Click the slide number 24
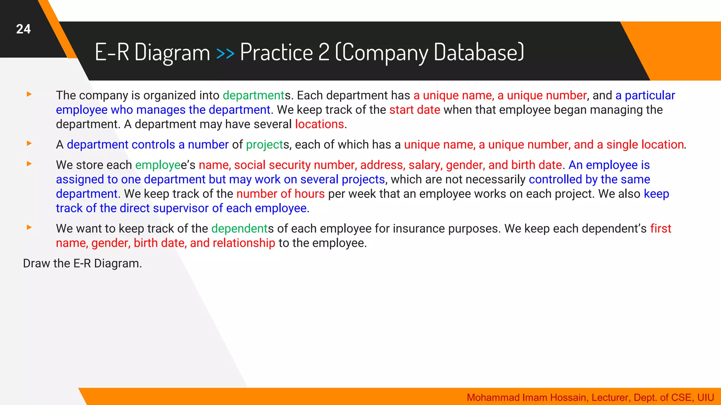pyautogui.click(x=23, y=29)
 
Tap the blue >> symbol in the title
pyautogui.click(x=225, y=53)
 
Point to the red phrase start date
pyautogui.click(x=414, y=110)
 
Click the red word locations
pyautogui.click(x=319, y=124)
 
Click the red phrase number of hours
pyautogui.click(x=280, y=194)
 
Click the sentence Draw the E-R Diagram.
pyautogui.click(x=82, y=263)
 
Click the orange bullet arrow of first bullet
pyautogui.click(x=29, y=94)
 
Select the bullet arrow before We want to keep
pyautogui.click(x=29, y=227)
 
